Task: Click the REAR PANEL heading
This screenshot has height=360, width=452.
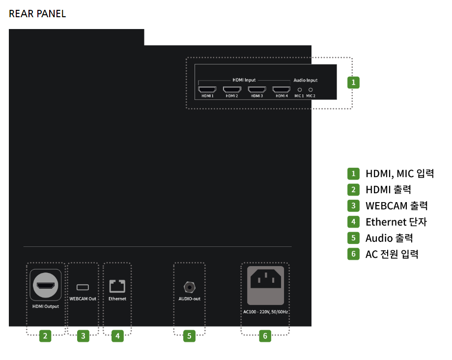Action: [x=37, y=14]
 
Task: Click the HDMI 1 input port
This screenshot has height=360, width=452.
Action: [x=207, y=90]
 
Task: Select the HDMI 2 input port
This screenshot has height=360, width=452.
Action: [x=231, y=90]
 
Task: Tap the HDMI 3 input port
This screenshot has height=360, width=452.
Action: [x=256, y=90]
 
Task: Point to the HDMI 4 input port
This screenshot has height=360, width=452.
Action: [x=282, y=90]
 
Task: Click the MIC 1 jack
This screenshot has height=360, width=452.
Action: [x=300, y=90]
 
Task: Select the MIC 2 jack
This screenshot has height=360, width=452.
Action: [x=311, y=90]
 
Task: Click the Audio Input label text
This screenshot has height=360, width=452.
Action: [x=305, y=80]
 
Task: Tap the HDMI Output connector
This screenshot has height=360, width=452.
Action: [x=45, y=285]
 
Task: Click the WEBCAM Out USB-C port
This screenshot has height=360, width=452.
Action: [x=83, y=287]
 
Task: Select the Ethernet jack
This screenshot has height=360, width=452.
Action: [x=117, y=286]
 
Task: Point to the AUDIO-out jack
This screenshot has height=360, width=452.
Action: [x=189, y=286]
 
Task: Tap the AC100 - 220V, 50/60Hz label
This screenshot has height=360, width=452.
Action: [x=265, y=311]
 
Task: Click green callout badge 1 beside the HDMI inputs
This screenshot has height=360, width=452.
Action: [x=353, y=82]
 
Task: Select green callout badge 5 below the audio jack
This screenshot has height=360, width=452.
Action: [x=189, y=336]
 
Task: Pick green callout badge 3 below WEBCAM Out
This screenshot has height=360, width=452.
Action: [x=83, y=336]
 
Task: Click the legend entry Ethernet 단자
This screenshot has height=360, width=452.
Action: [x=396, y=222]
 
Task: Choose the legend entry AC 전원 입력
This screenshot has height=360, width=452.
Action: [x=392, y=254]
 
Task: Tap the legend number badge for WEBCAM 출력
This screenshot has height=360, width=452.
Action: [x=353, y=206]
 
